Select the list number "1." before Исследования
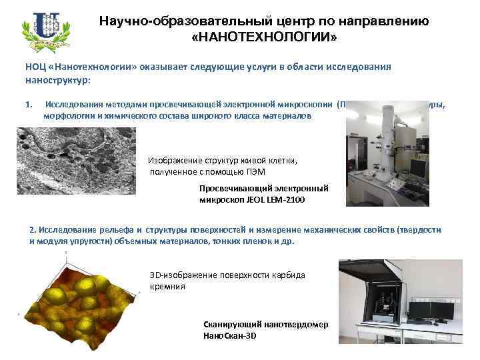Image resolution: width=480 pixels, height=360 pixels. click(x=28, y=105)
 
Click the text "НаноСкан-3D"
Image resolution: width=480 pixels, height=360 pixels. click(x=230, y=335)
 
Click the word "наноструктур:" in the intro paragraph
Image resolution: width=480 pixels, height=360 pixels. click(x=57, y=79)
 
